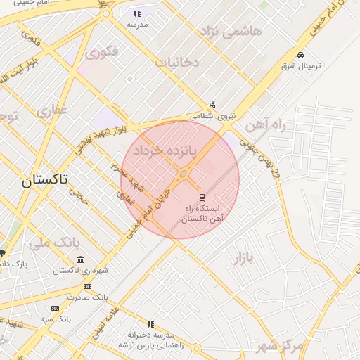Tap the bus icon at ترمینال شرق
click(301, 55)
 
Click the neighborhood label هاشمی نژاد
click(231, 32)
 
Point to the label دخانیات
click(177, 63)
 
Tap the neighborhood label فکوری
click(101, 52)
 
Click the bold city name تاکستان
click(45, 179)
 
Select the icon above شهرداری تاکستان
click(80, 259)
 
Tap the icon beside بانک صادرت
click(87, 286)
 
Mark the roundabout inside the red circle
click(184, 174)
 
